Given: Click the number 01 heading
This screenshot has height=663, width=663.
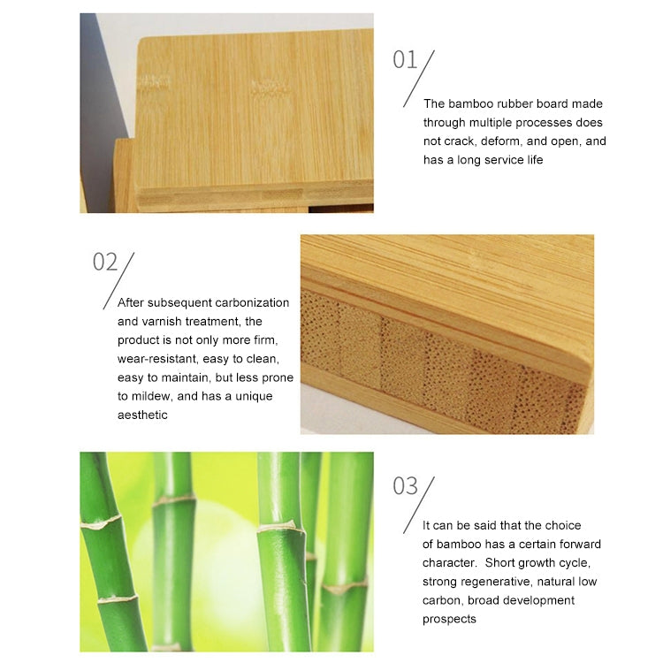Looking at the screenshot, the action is pyautogui.click(x=405, y=59).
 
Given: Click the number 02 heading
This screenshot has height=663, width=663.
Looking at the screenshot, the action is pyautogui.click(x=105, y=262).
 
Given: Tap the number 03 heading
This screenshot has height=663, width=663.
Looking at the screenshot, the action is pyautogui.click(x=405, y=486).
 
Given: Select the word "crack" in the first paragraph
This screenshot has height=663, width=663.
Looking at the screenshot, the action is pyautogui.click(x=454, y=141).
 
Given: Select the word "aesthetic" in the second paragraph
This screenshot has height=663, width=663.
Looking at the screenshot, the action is pyautogui.click(x=142, y=415).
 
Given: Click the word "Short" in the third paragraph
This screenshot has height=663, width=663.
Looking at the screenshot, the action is pyautogui.click(x=499, y=563).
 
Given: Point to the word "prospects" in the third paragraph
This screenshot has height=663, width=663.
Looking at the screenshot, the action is pyautogui.click(x=449, y=619).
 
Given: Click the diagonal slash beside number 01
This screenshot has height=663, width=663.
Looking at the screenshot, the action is pyautogui.click(x=419, y=79).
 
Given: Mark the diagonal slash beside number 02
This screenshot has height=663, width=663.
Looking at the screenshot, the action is pyautogui.click(x=118, y=281).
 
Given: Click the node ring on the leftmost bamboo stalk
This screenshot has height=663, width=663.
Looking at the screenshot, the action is pyautogui.click(x=101, y=523).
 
